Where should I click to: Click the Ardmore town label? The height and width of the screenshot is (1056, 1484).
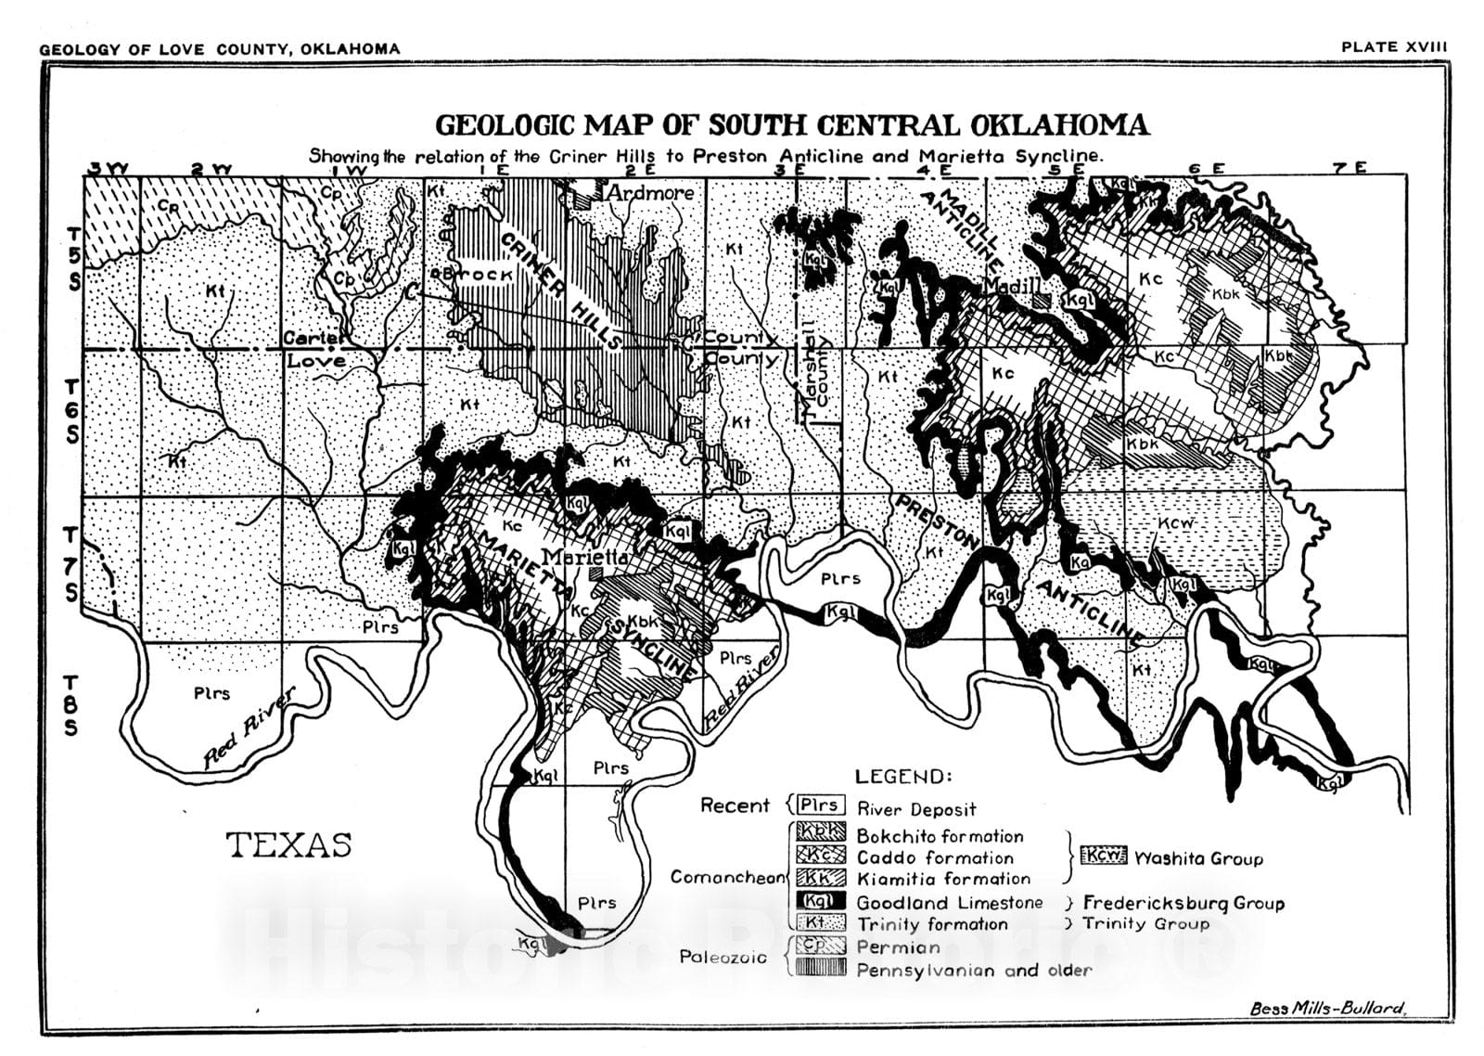(x=649, y=193)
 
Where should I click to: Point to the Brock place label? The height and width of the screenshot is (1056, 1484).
(x=480, y=275)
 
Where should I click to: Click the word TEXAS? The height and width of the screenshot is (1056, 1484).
(x=289, y=845)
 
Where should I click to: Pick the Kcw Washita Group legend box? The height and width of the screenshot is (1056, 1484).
(x=1104, y=856)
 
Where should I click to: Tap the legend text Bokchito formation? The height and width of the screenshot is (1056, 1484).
(x=940, y=836)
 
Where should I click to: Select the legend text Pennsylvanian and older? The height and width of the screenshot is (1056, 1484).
(x=974, y=971)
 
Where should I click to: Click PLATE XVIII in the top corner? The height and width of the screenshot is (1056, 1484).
(x=1394, y=47)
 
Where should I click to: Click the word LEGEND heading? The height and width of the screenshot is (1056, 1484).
(x=902, y=778)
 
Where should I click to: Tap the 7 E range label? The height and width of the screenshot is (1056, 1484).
(x=1350, y=168)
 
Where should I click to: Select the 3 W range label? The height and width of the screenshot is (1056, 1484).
(x=109, y=169)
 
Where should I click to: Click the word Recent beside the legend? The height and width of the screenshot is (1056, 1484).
(x=735, y=805)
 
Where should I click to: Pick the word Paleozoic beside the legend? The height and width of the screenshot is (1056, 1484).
(x=723, y=957)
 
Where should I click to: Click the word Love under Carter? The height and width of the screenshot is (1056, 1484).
(x=315, y=360)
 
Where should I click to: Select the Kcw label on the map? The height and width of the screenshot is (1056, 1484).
(x=1179, y=524)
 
